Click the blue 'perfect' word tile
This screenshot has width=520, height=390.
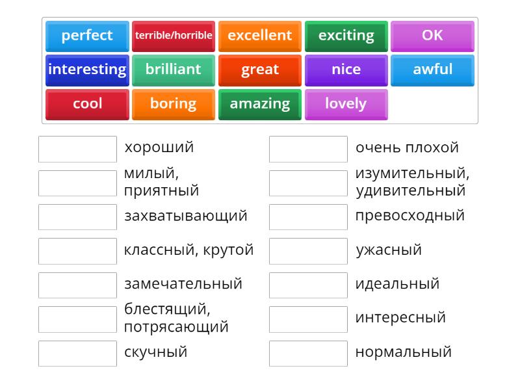[x=87, y=36]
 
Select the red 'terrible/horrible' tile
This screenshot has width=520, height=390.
[x=174, y=36]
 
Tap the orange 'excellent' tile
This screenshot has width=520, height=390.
[x=260, y=36]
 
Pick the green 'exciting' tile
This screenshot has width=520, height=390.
[x=346, y=36]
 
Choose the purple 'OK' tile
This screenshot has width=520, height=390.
[x=432, y=36]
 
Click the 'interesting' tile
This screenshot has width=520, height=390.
[x=87, y=70]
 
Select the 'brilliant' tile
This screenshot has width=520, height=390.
[x=174, y=70]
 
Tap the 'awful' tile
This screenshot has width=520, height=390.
[x=432, y=70]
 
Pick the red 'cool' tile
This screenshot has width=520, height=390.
[x=87, y=104]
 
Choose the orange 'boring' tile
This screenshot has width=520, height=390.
[x=174, y=104]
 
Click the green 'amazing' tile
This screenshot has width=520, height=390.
[x=260, y=104]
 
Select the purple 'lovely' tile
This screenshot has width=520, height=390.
[x=346, y=104]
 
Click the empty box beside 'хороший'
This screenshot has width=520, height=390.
[x=77, y=149]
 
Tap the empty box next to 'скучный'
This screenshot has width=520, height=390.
[x=77, y=354]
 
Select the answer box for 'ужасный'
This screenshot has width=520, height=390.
[x=308, y=251]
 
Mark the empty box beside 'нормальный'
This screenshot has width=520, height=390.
[x=308, y=354]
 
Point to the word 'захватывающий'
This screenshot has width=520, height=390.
[x=186, y=216]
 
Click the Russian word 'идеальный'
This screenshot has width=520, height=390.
[x=397, y=284]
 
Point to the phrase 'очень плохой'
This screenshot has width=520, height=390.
[x=407, y=148]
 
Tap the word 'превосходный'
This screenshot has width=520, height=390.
[x=410, y=216]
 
